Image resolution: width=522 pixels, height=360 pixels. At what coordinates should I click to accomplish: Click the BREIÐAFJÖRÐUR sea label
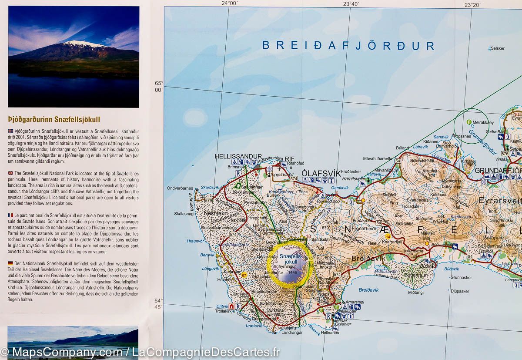click(x=348, y=46)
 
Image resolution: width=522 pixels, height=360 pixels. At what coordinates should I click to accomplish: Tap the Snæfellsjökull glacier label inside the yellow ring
click(x=288, y=259)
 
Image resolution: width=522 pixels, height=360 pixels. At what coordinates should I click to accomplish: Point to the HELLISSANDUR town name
click(x=238, y=156)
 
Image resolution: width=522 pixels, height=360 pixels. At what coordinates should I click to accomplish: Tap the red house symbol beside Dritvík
click(x=232, y=306)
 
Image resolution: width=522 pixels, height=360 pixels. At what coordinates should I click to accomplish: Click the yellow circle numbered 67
click(x=244, y=275)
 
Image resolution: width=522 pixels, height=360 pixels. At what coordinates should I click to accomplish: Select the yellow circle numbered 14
click(x=388, y=236)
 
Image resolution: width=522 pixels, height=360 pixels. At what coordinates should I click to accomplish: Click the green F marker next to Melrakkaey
click(x=468, y=122)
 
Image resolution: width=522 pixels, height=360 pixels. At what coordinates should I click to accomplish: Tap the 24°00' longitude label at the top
click(x=229, y=3)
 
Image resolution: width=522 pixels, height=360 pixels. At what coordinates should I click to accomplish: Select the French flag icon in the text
click(x=11, y=215)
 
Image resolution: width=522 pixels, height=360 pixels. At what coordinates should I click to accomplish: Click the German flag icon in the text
click(x=11, y=264)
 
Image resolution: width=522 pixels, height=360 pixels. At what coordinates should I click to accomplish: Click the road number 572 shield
click(x=244, y=299)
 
